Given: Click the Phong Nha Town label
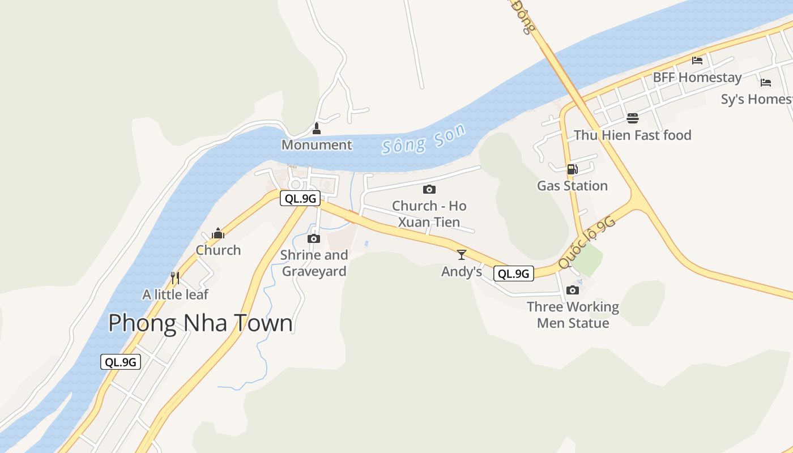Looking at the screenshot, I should pyautogui.click(x=201, y=323).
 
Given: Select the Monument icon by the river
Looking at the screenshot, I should pyautogui.click(x=317, y=129).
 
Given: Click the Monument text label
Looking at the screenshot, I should pyautogui.click(x=317, y=145).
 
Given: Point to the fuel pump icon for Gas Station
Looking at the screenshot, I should pyautogui.click(x=572, y=169).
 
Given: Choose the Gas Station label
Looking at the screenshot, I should pyautogui.click(x=572, y=186).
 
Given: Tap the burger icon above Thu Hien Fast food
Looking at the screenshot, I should pyautogui.click(x=633, y=118).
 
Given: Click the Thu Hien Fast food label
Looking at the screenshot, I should pyautogui.click(x=633, y=135).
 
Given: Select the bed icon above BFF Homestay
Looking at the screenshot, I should pyautogui.click(x=697, y=61).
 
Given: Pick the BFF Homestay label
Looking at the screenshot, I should pyautogui.click(x=697, y=77).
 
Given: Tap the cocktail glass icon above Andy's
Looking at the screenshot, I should pyautogui.click(x=462, y=255).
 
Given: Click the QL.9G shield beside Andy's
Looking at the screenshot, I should pyautogui.click(x=514, y=274).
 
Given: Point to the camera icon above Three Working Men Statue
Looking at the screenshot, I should pyautogui.click(x=573, y=290).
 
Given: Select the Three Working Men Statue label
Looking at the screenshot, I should pyautogui.click(x=573, y=315).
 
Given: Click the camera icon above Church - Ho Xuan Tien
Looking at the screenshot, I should pyautogui.click(x=429, y=189).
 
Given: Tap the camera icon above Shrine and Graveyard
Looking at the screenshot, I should pyautogui.click(x=314, y=239).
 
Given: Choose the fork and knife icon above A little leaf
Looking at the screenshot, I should pyautogui.click(x=175, y=278).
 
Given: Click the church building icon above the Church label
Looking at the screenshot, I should pyautogui.click(x=218, y=233).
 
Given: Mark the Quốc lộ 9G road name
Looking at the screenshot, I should pyautogui.click(x=586, y=242).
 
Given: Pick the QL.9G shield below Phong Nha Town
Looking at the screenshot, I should pyautogui.click(x=121, y=362).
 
